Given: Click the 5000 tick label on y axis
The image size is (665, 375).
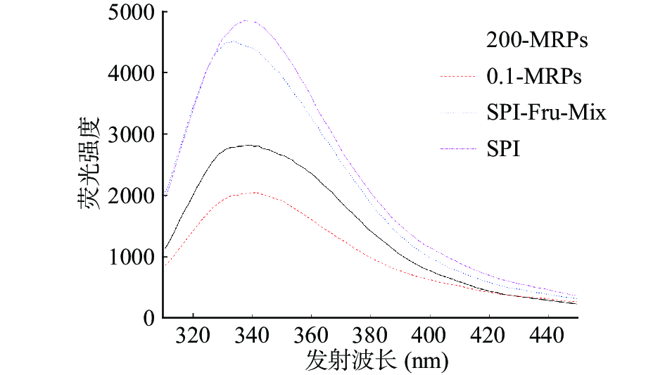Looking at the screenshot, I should click(132, 13).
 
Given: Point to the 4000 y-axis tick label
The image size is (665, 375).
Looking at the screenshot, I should click(132, 73).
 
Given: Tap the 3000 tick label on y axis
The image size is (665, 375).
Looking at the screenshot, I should click(132, 134).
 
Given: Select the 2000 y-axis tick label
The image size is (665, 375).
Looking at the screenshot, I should click(132, 196).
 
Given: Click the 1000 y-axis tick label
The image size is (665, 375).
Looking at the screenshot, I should click(132, 257).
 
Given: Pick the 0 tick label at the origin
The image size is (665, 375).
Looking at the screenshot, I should click(149, 318).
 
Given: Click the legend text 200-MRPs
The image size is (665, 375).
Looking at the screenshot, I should click(536, 41).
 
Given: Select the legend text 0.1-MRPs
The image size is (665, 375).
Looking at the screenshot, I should click(534, 77).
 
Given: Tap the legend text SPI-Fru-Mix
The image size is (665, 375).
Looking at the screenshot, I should click(545, 113).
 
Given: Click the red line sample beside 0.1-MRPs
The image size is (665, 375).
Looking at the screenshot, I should click(456, 76).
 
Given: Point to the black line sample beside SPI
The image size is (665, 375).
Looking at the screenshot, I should click(456, 148).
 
